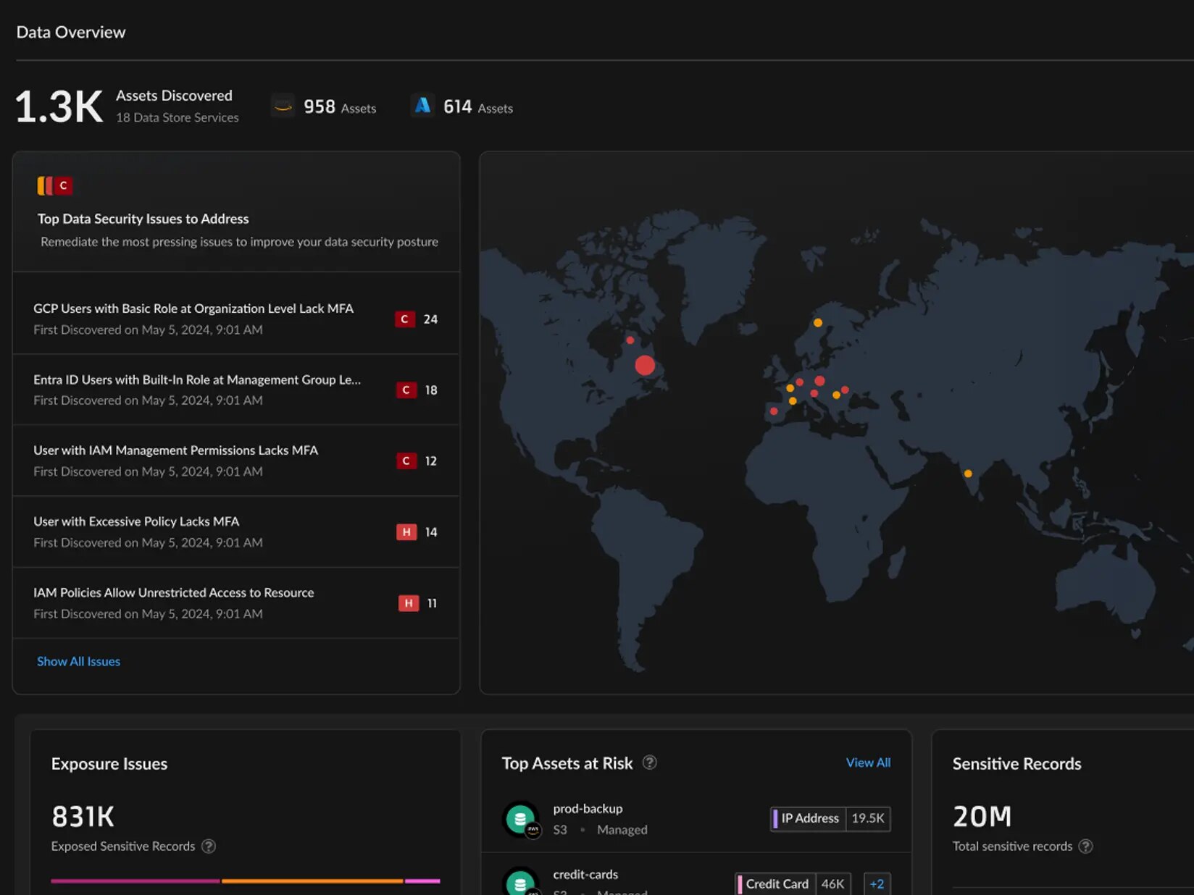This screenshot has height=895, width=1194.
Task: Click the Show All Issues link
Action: pyautogui.click(x=78, y=661)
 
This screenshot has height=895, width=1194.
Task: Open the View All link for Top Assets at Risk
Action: pyautogui.click(x=868, y=762)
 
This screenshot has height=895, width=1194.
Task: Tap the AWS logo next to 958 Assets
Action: pyautogui.click(x=283, y=106)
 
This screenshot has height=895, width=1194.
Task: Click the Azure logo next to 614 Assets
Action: pyautogui.click(x=422, y=106)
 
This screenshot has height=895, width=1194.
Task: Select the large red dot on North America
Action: pyautogui.click(x=645, y=365)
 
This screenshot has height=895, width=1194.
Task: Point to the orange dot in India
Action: pyautogui.click(x=968, y=474)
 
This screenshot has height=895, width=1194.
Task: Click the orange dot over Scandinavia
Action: pyautogui.click(x=818, y=323)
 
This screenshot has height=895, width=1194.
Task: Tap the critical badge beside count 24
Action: pyautogui.click(x=404, y=319)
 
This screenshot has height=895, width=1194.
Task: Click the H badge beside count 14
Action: pyautogui.click(x=406, y=532)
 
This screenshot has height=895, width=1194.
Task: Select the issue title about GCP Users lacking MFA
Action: pyautogui.click(x=193, y=308)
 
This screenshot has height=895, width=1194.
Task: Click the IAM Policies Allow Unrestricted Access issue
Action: pyautogui.click(x=174, y=592)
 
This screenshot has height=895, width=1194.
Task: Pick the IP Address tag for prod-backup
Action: pyautogui.click(x=809, y=818)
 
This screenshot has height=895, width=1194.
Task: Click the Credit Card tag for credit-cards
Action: pyautogui.click(x=775, y=884)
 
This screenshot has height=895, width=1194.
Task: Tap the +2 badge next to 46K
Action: pyautogui.click(x=877, y=884)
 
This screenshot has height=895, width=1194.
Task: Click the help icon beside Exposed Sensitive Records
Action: pyautogui.click(x=209, y=846)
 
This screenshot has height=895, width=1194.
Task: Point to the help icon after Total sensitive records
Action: pyautogui.click(x=1085, y=846)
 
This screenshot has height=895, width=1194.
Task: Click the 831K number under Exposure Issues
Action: pyautogui.click(x=83, y=817)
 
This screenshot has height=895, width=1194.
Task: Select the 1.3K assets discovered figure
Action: pyautogui.click(x=59, y=107)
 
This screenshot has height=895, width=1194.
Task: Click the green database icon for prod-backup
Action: pyautogui.click(x=519, y=819)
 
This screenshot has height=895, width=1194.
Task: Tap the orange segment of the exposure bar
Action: pyautogui.click(x=312, y=881)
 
